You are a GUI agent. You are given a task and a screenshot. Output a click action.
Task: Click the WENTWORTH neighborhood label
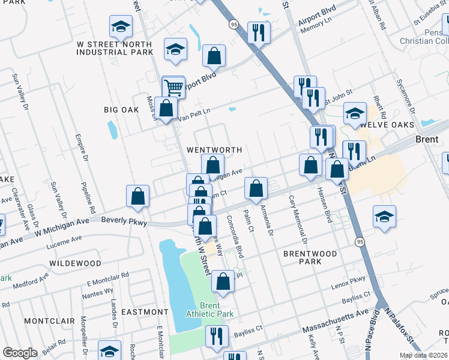[214, 149]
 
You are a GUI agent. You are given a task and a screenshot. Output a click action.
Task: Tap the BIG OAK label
[122, 110]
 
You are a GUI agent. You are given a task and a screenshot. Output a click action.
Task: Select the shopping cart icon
[173, 87]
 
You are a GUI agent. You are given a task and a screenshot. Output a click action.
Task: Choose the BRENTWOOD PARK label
[310, 258]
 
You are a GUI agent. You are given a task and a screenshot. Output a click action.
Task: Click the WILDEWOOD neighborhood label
[76, 263]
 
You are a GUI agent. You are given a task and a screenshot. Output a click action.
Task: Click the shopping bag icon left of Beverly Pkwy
[137, 195]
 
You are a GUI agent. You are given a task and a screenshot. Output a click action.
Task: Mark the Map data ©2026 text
[423, 355]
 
